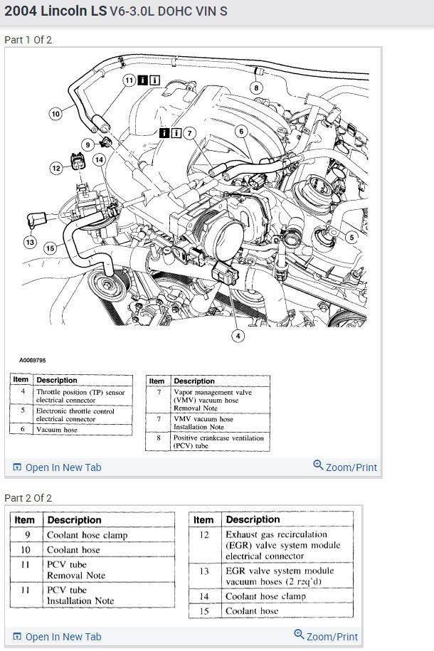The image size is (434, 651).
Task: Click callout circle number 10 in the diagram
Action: click(x=55, y=112)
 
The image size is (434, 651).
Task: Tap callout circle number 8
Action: click(x=255, y=88)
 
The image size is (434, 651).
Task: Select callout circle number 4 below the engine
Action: click(x=237, y=335)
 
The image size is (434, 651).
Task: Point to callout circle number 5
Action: click(x=351, y=236)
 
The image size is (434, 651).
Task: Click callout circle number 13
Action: click(x=30, y=243)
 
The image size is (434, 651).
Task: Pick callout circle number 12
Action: click(x=56, y=168)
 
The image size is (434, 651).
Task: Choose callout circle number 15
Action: click(x=50, y=248)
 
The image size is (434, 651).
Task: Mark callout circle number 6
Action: click(x=240, y=131)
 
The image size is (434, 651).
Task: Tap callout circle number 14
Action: click(x=98, y=160)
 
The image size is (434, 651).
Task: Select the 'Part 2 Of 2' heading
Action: click(x=28, y=498)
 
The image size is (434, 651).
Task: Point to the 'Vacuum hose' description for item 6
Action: click(x=57, y=429)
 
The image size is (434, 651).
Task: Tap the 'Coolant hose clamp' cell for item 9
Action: click(x=88, y=535)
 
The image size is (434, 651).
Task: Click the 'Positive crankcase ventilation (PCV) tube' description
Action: click(x=218, y=443)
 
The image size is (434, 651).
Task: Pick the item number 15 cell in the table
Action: click(x=203, y=611)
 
